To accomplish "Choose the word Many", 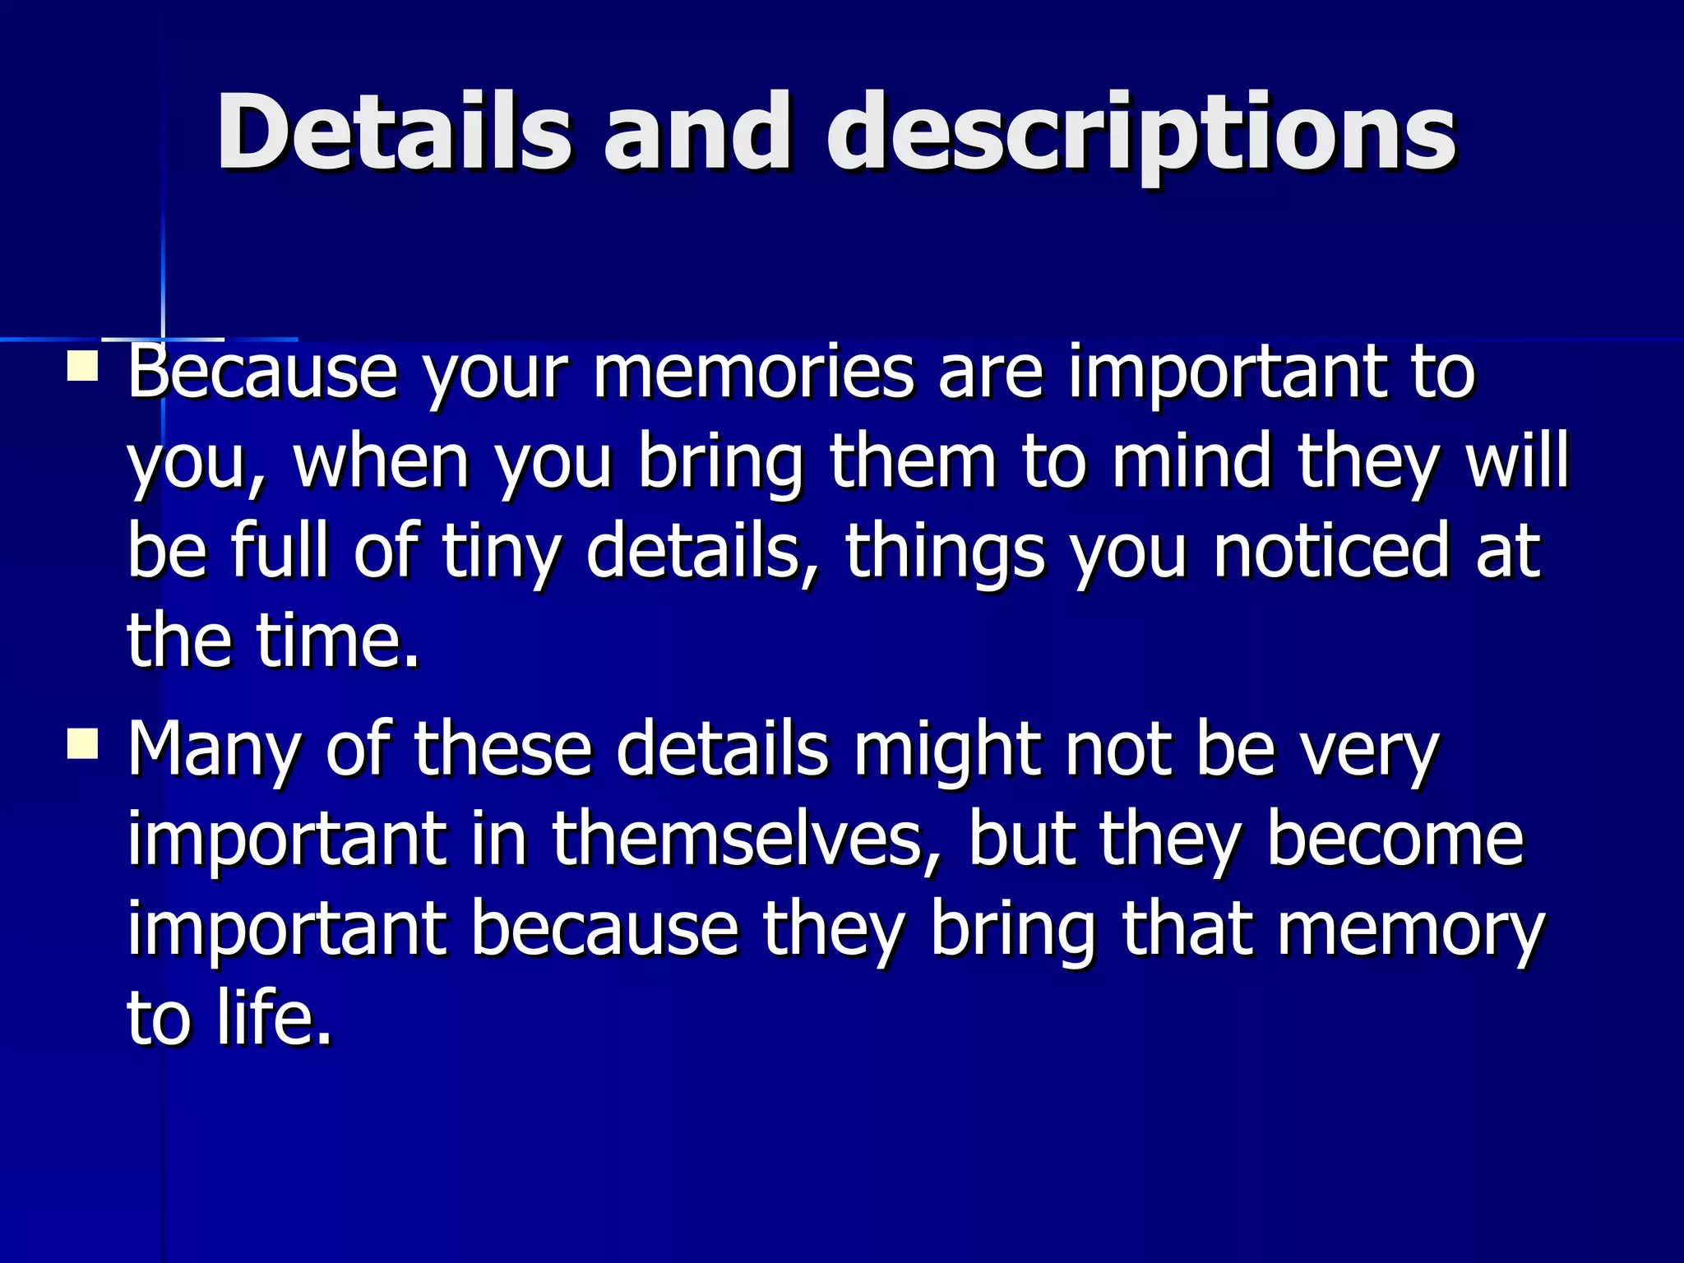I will pyautogui.click(x=213, y=750).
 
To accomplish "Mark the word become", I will pyautogui.click(x=1395, y=840).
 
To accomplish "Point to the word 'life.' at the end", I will pyautogui.click(x=275, y=1019).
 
